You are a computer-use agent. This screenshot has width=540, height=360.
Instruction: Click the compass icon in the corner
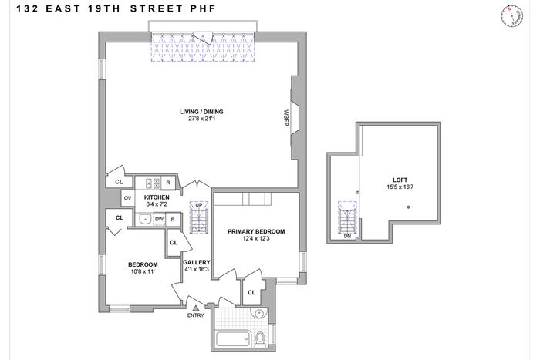[x=511, y=16]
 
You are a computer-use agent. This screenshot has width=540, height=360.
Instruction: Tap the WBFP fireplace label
[x=286, y=118]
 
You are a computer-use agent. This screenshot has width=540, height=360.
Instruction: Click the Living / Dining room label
[x=201, y=112]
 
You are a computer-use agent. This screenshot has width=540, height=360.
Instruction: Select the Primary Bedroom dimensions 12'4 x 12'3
[x=256, y=238]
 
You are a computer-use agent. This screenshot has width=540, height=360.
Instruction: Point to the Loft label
[x=400, y=180]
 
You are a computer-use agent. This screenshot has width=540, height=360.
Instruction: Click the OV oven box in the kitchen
[x=127, y=198]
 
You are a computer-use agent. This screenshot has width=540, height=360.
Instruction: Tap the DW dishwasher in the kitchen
[x=159, y=219]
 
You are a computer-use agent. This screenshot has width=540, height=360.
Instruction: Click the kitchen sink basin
[x=145, y=219]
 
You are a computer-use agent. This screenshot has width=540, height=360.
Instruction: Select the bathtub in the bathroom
[x=233, y=338]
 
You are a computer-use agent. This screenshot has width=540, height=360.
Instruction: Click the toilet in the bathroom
[x=260, y=338]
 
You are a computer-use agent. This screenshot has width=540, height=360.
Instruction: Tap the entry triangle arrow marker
[x=196, y=308]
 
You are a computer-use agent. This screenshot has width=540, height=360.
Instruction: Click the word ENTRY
[x=196, y=315]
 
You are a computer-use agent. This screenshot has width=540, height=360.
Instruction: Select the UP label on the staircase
[x=199, y=205]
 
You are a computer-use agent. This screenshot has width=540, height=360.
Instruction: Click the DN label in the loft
[x=347, y=236]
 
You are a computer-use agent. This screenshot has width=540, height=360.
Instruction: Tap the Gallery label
[x=197, y=262]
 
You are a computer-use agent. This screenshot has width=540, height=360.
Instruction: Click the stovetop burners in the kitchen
[x=153, y=183]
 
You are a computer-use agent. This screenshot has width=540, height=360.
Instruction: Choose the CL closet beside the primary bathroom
[x=251, y=292]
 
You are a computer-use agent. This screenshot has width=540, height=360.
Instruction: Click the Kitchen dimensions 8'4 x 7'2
[x=157, y=204]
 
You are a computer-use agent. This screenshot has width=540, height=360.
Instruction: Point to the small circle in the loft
[x=408, y=207]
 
